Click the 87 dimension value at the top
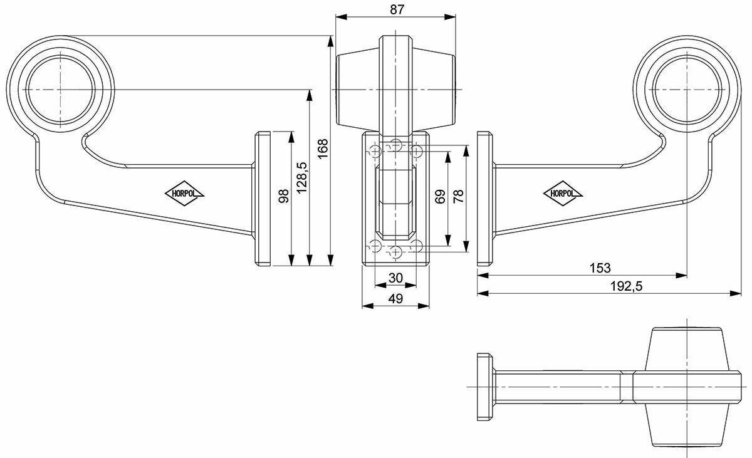[397, 10]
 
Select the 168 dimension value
[322, 149]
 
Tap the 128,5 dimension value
[302, 177]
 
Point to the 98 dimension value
[284, 196]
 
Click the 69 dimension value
[440, 197]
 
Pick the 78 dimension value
[458, 196]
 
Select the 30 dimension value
[395, 278]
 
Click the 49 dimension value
[395, 298]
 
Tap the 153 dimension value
[600, 268]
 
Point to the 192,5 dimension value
[626, 286]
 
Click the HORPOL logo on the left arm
[184, 193]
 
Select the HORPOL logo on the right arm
[563, 193]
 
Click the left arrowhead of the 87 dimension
[341, 17]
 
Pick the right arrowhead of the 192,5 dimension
[735, 294]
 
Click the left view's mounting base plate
[263, 199]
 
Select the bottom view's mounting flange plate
[485, 387]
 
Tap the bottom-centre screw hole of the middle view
[396, 252]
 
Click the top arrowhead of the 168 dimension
[331, 41]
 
